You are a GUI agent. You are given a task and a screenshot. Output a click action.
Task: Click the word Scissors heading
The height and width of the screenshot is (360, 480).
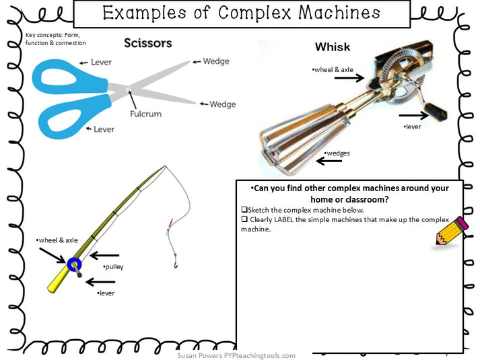pos(147,43)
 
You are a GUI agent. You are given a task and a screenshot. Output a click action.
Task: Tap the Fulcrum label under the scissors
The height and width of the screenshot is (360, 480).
pos(145,114)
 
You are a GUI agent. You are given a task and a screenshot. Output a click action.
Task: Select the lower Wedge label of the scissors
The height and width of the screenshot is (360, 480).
pos(222,104)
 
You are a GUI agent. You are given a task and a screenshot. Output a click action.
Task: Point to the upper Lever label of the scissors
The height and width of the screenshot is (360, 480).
pos(102,63)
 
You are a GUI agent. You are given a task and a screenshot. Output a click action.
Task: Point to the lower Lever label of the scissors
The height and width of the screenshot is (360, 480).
pos(104,129)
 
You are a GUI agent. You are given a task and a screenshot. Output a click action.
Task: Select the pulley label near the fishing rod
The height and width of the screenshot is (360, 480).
pos(113,267)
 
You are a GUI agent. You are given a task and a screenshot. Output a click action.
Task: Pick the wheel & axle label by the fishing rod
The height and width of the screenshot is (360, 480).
pos(57,240)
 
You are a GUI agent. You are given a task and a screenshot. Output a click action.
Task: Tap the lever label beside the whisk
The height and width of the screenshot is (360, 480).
pos(412,127)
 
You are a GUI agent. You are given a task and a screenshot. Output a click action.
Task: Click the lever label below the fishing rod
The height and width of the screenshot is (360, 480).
pos(106,293)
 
